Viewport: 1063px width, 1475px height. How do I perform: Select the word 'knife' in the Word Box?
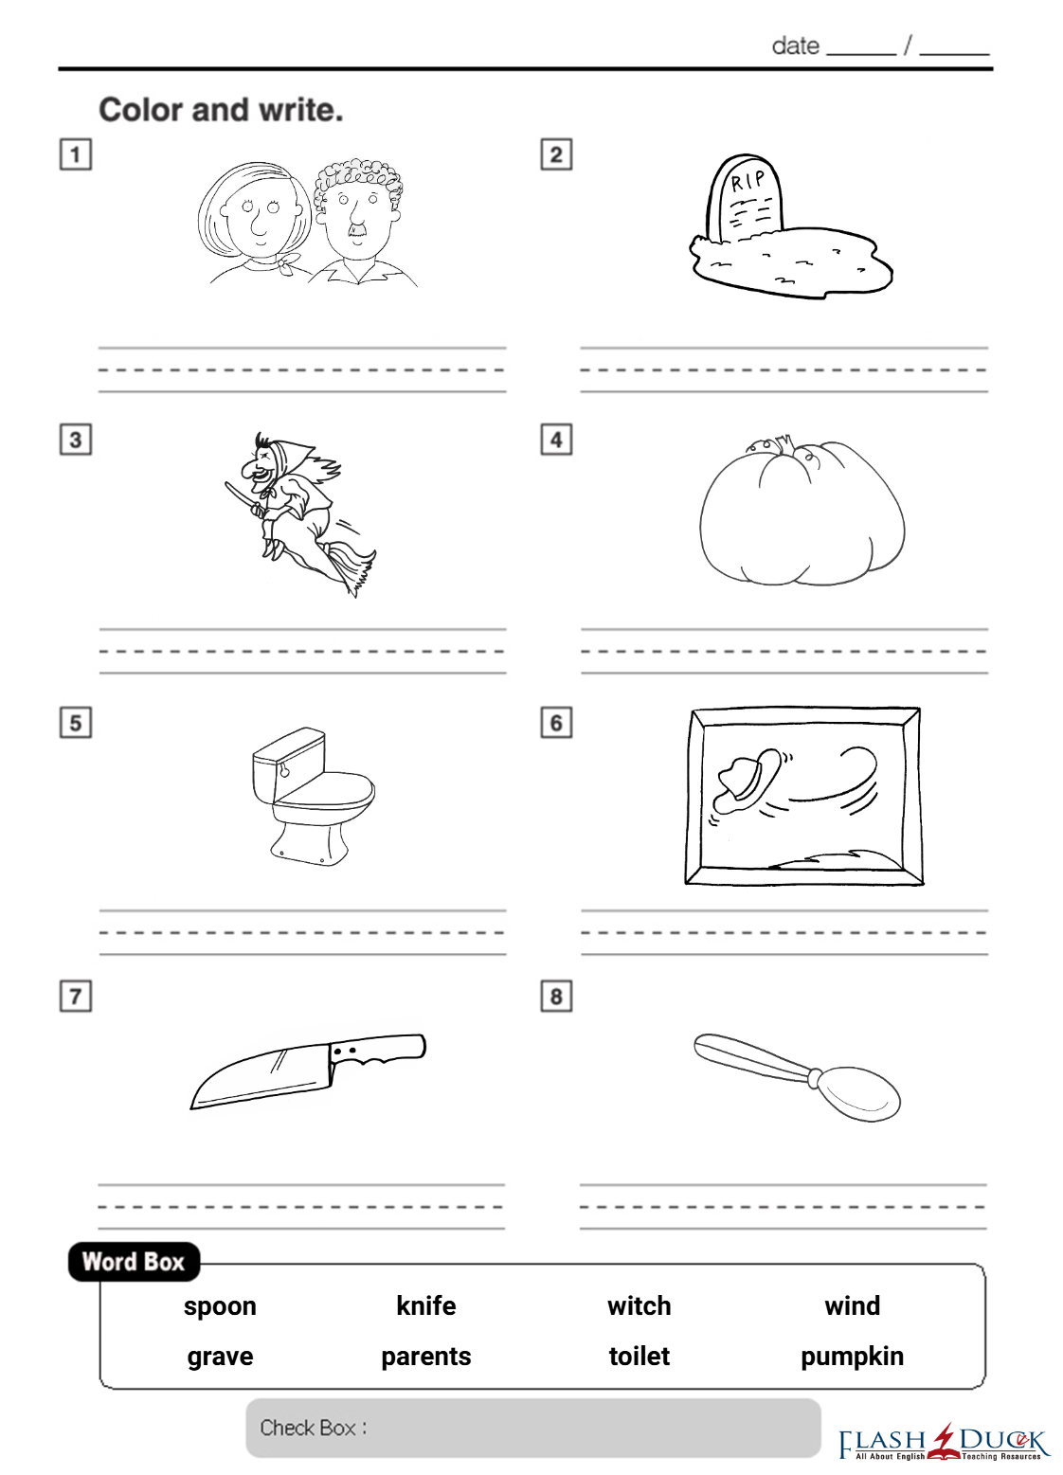tap(426, 1305)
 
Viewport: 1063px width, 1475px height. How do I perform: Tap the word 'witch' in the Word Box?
tap(639, 1305)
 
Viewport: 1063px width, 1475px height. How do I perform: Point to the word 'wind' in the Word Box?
tap(853, 1305)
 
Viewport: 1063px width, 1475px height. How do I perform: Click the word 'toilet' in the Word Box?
tap(639, 1356)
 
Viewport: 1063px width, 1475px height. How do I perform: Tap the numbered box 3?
tap(76, 440)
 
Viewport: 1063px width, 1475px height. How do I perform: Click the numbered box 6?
tap(556, 723)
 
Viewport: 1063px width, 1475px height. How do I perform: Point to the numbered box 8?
tap(556, 997)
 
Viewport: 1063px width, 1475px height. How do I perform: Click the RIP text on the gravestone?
tap(748, 180)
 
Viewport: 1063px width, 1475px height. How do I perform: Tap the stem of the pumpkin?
tap(784, 441)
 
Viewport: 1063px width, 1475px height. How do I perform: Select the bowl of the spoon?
tap(856, 1094)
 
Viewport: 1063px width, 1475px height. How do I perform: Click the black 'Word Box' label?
tap(134, 1262)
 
